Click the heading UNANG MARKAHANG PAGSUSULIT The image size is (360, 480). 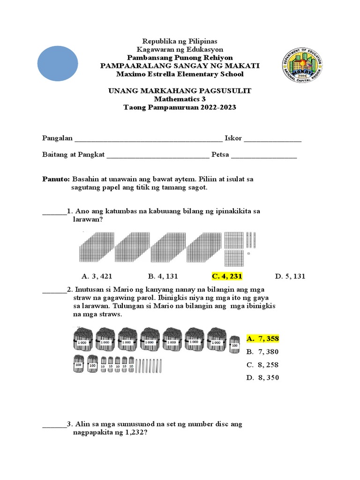180,91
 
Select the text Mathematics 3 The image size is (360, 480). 180,99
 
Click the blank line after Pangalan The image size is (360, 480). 149,139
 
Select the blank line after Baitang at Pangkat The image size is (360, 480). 158,155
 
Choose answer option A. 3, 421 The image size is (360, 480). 97,276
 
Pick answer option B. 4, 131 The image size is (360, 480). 163,276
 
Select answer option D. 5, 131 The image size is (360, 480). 290,276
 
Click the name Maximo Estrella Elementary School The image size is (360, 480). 180,74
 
